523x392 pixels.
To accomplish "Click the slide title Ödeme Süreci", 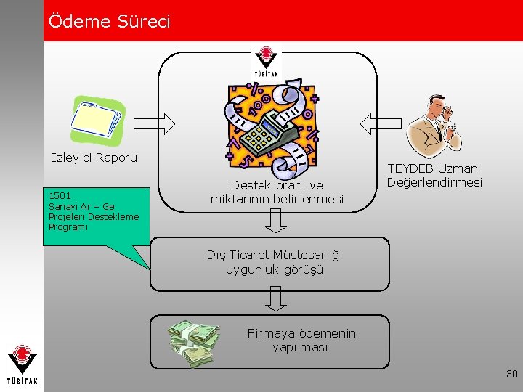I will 109,22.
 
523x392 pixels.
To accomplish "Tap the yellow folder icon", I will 98,119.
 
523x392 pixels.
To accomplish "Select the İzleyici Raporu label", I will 94,158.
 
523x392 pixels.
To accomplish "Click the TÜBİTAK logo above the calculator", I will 267,64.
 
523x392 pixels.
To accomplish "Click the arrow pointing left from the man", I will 376,124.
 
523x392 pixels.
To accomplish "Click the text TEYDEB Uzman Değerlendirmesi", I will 434,175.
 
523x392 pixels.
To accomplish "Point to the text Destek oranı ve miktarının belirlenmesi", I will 277,192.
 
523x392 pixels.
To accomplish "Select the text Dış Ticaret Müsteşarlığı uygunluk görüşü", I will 275,262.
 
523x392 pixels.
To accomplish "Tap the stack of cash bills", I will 192,343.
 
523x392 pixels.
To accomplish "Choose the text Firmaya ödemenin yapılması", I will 301,340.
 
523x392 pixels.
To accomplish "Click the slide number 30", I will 511,374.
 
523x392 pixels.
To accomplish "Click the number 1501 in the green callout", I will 60,195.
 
